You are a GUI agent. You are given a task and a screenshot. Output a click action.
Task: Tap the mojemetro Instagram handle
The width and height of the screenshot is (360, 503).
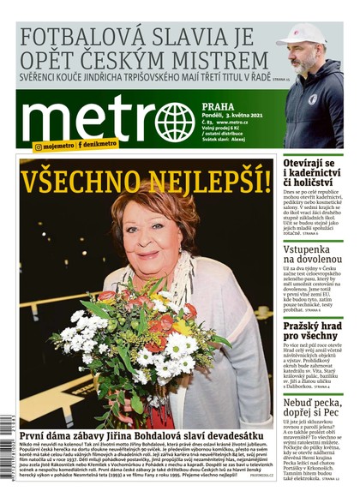point(55,146)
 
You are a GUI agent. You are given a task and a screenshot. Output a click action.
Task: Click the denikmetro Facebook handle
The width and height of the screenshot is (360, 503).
point(101,146)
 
